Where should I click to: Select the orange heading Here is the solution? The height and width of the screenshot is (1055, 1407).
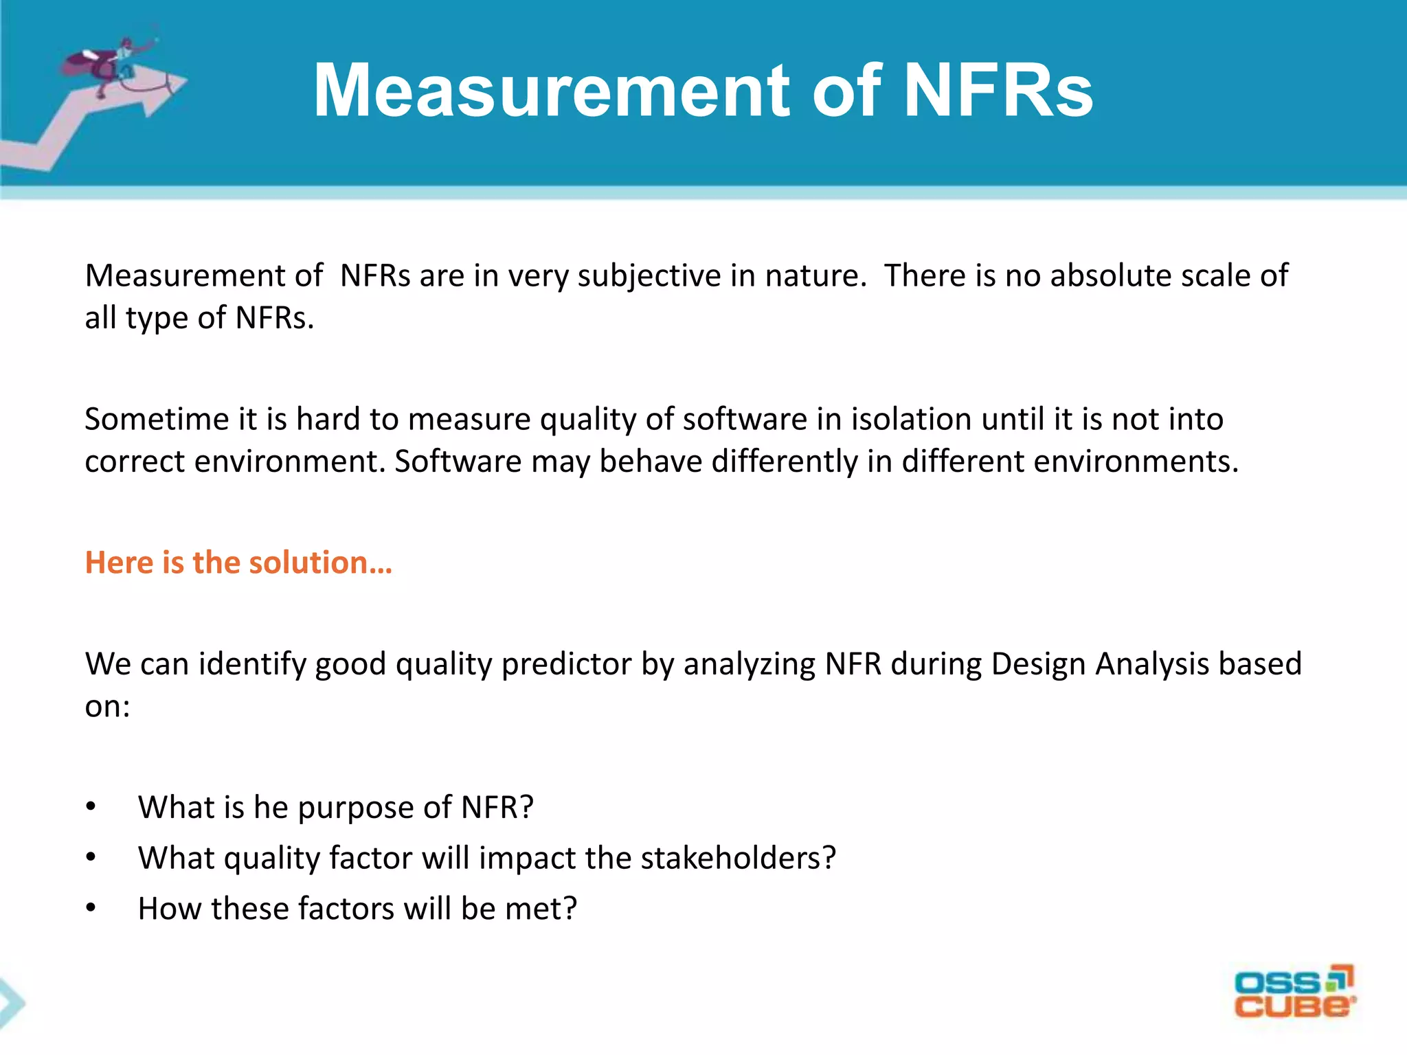point(238,563)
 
